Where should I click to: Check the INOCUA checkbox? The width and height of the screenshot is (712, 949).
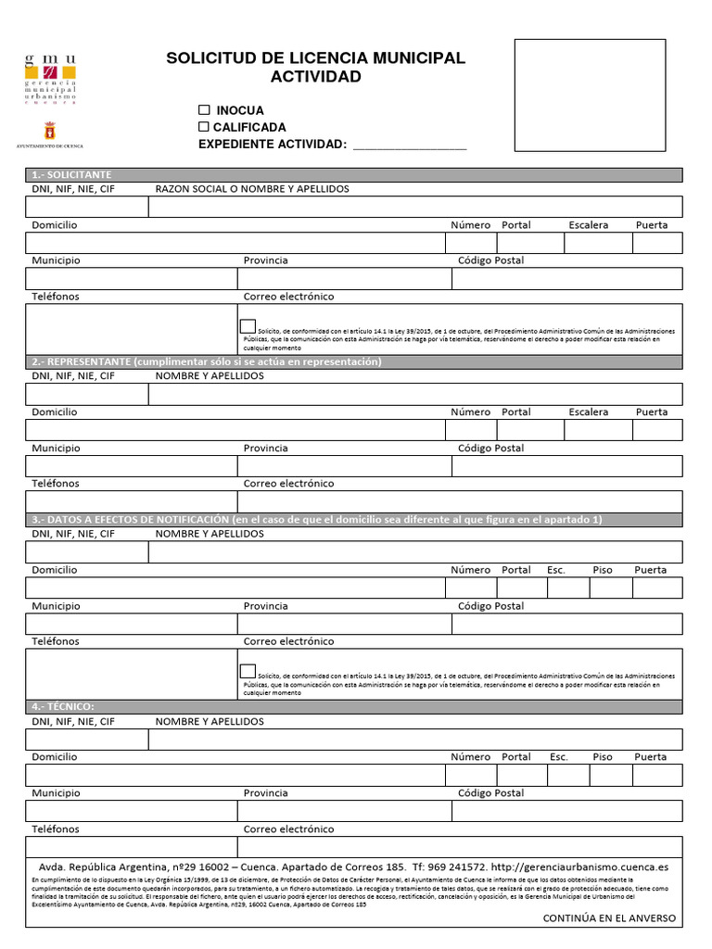204,110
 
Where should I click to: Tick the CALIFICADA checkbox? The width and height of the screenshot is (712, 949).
204,127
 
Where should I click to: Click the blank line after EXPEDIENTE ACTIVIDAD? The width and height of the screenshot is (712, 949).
409,145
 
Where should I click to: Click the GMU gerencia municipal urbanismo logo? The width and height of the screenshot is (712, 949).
50,78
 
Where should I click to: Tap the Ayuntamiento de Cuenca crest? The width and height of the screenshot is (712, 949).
50,131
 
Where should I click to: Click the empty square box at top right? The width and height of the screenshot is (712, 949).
590,95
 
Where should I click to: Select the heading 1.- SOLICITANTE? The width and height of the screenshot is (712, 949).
72,175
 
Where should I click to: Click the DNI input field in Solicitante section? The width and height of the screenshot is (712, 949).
87,207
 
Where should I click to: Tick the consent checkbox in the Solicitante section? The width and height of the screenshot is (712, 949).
248,326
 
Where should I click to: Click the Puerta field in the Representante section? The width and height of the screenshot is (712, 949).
657,430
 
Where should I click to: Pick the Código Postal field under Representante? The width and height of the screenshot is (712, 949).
566,466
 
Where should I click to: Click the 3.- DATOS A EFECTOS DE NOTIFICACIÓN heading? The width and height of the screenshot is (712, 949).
315,520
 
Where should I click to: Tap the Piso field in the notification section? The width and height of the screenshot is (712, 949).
611,588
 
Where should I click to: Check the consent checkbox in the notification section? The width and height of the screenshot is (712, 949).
248,672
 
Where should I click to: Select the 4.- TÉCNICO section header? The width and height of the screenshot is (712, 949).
64,707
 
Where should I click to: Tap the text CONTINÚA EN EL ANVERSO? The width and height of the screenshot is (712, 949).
609,918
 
